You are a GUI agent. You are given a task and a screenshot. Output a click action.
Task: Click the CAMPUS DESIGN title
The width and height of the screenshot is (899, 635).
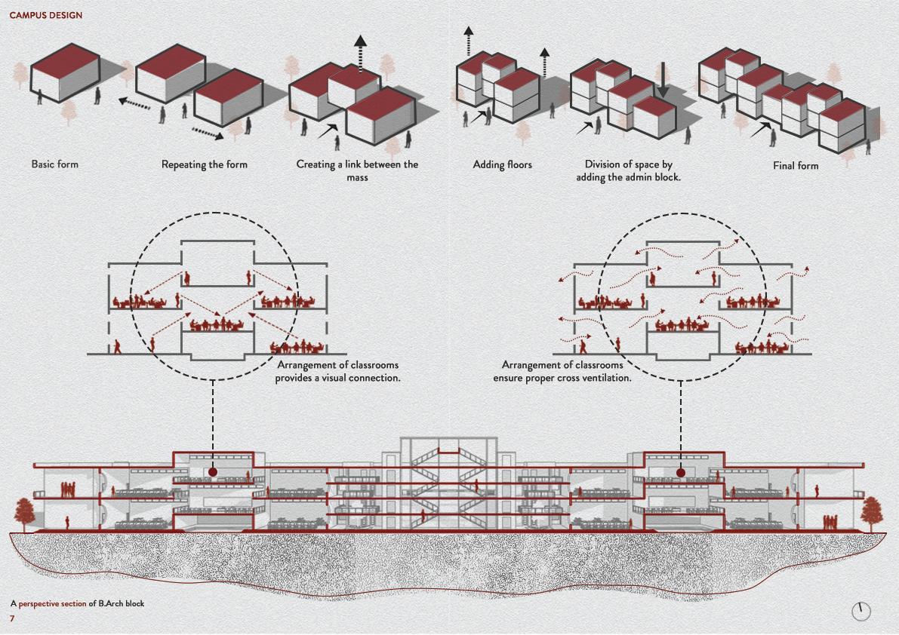point(46,15)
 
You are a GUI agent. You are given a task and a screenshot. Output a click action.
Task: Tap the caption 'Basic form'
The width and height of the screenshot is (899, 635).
point(54,164)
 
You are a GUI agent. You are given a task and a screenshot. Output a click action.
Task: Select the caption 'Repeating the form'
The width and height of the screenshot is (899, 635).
point(204,164)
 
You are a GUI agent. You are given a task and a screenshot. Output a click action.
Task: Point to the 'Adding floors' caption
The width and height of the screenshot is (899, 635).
point(502,164)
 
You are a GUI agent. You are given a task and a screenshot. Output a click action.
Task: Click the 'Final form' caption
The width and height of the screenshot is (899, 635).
point(795,165)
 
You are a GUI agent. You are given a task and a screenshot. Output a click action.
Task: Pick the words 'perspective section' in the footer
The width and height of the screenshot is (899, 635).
point(52,603)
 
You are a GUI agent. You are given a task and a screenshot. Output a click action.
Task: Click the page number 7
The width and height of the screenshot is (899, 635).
point(12,618)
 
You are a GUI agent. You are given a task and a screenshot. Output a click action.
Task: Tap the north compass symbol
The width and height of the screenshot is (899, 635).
point(861,611)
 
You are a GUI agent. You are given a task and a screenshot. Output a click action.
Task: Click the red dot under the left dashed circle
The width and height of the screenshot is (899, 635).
point(213,472)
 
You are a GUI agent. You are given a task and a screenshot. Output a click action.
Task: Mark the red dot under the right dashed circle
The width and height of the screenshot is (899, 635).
point(681,473)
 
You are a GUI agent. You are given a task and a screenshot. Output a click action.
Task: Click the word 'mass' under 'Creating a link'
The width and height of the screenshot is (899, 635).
point(357,178)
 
